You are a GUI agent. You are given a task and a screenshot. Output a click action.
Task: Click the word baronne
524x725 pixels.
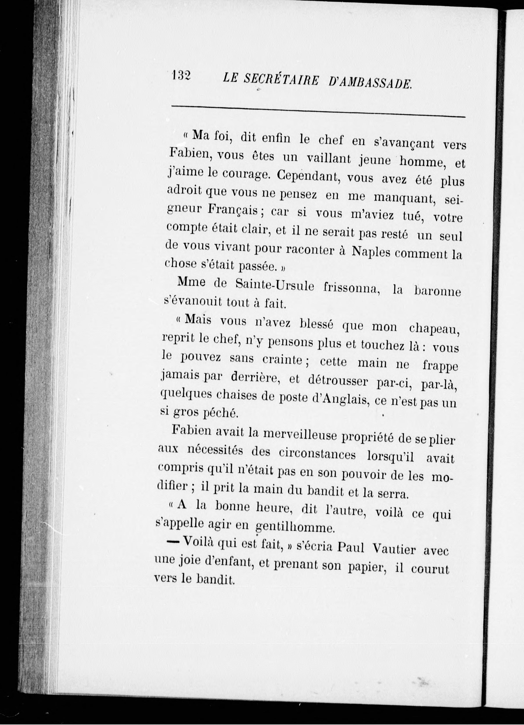(437, 292)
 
